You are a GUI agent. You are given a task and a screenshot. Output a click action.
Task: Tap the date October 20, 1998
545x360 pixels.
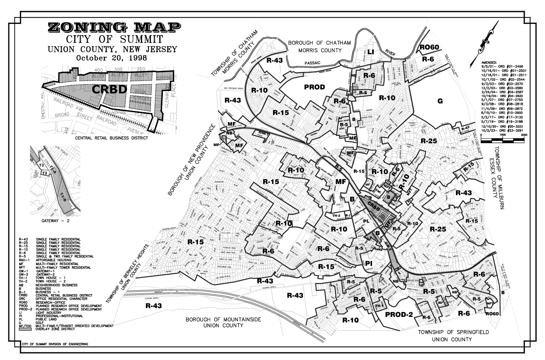coord(111,57)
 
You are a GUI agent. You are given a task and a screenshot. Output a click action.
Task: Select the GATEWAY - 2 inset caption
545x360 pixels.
coord(55,220)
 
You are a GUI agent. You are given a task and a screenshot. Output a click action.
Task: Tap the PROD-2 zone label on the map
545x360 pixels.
coord(398,315)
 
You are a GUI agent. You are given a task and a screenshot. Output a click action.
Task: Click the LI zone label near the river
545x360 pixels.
coord(371,52)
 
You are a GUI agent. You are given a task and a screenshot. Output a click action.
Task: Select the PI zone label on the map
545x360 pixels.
coord(369,263)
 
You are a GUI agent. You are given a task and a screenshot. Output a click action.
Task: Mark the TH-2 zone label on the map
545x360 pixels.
coord(336,216)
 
